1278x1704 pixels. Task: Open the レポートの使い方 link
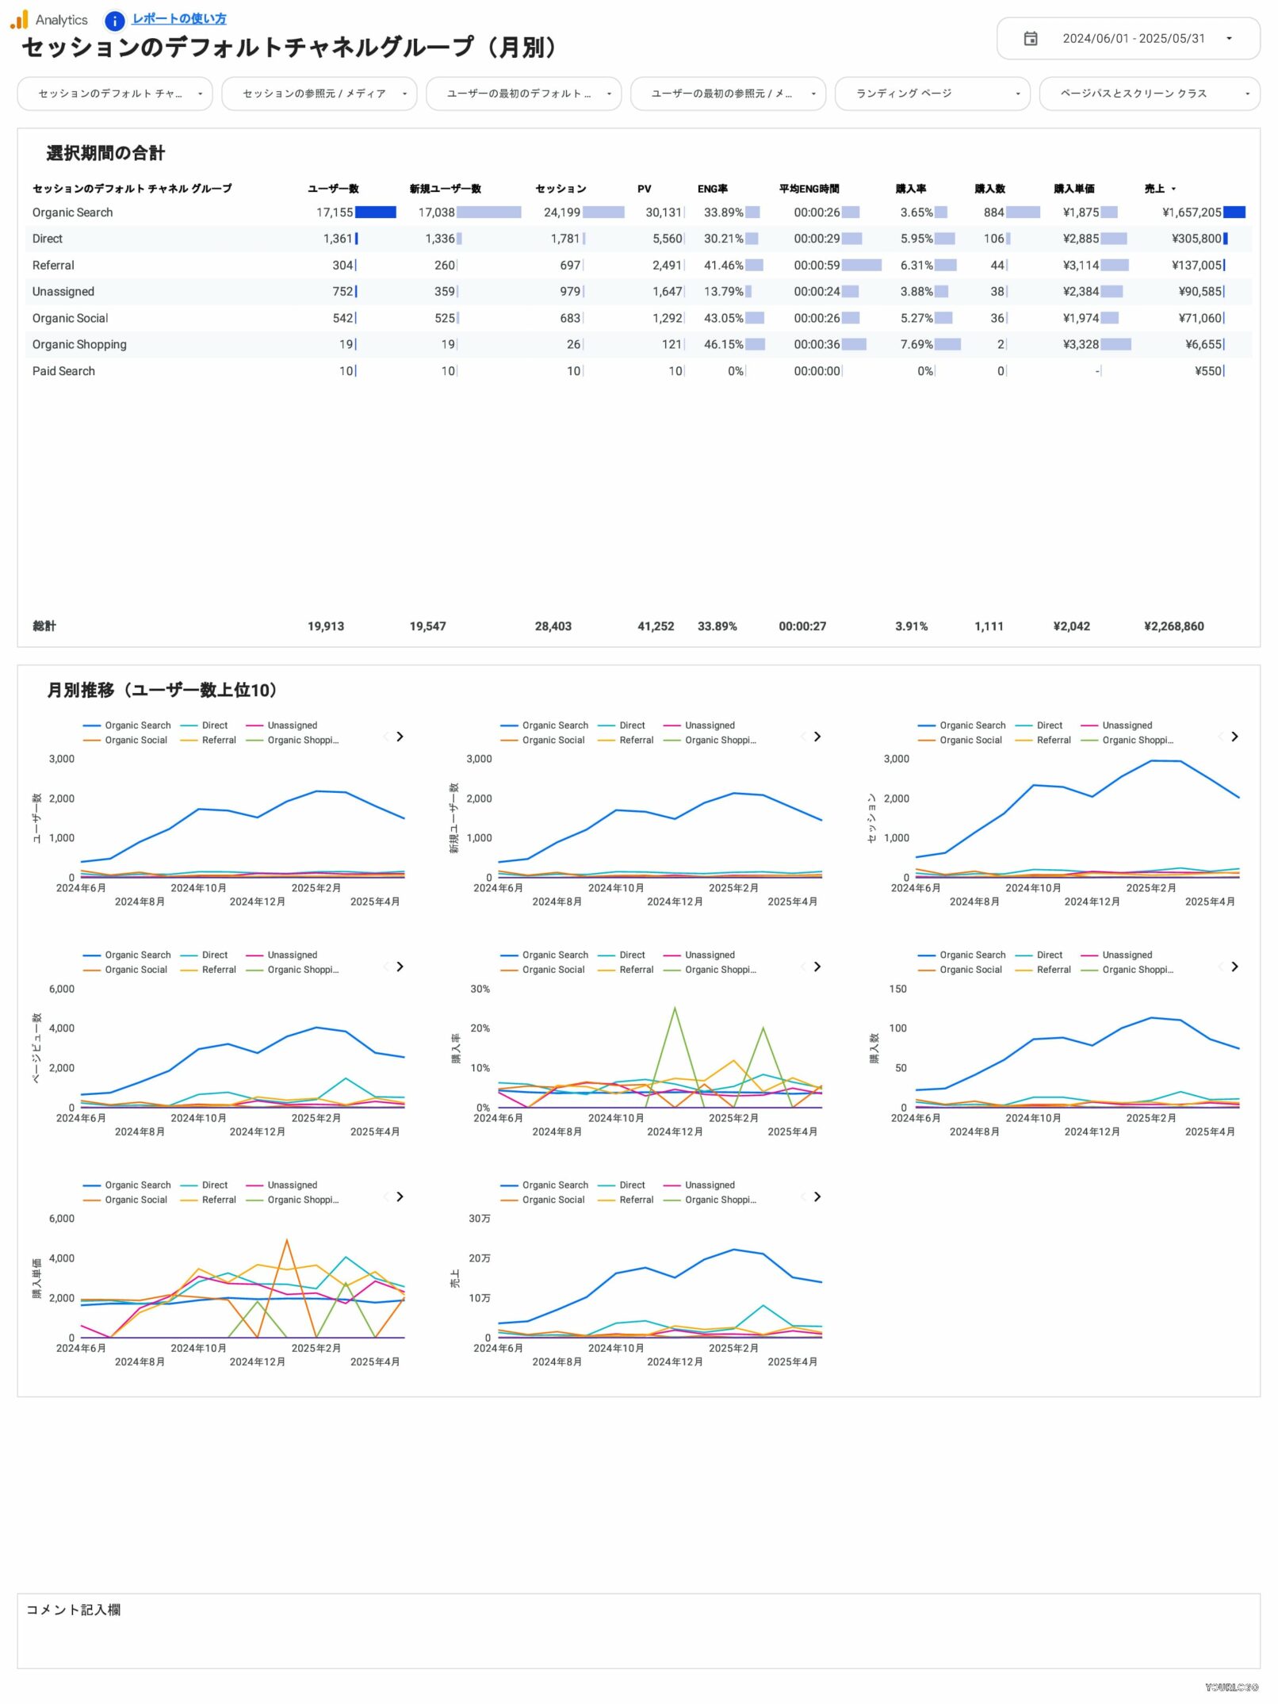(x=178, y=18)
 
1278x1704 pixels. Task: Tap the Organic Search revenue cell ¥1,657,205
(x=1192, y=213)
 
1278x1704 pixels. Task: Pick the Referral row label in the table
(x=53, y=266)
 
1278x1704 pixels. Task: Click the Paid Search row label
(x=63, y=371)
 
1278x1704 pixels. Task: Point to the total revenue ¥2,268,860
(x=1173, y=626)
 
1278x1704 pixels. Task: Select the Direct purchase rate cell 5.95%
(x=916, y=239)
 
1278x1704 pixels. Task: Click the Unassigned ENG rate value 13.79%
(x=723, y=292)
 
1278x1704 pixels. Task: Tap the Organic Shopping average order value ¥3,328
(x=1081, y=344)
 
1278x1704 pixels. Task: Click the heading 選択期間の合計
(x=105, y=153)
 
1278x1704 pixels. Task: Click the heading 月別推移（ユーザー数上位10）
(x=163, y=690)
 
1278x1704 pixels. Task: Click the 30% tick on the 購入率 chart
(x=480, y=989)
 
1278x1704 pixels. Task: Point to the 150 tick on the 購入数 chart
(x=897, y=989)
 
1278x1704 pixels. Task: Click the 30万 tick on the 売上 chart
(x=479, y=1219)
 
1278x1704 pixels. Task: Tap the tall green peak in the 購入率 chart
(x=675, y=1008)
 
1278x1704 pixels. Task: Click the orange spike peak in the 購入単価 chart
(x=286, y=1239)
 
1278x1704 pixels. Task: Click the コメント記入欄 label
(x=73, y=1610)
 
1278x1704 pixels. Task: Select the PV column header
(x=644, y=189)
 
